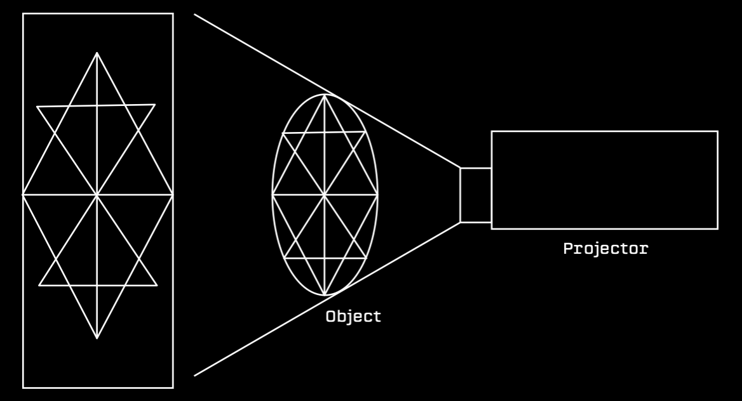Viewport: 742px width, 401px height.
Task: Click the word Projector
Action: coord(605,248)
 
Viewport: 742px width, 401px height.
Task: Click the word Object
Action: coord(353,316)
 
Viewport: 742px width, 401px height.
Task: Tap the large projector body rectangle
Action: coord(604,180)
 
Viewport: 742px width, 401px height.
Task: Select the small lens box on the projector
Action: coord(475,195)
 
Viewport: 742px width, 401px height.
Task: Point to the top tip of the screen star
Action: coord(97,53)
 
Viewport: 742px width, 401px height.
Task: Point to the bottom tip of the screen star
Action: coord(97,338)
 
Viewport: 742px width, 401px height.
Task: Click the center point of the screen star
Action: coord(97,194)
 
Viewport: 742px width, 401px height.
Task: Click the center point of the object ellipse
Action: coord(325,194)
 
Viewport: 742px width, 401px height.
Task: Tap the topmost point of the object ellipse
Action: coord(325,94)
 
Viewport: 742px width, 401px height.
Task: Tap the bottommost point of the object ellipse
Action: coord(325,295)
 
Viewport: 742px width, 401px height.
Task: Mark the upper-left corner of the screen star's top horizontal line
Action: coord(37,107)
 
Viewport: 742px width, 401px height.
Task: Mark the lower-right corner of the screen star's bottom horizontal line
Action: coord(156,284)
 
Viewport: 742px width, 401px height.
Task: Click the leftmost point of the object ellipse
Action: coord(272,194)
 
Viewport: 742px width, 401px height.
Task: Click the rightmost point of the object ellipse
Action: coord(378,194)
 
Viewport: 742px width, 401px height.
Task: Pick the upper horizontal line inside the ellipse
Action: coord(324,133)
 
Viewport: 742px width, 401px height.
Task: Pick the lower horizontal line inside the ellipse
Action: coord(325,258)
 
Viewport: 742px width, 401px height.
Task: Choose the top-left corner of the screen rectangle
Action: coord(24,14)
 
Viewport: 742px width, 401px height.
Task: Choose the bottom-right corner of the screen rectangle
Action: coord(173,387)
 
